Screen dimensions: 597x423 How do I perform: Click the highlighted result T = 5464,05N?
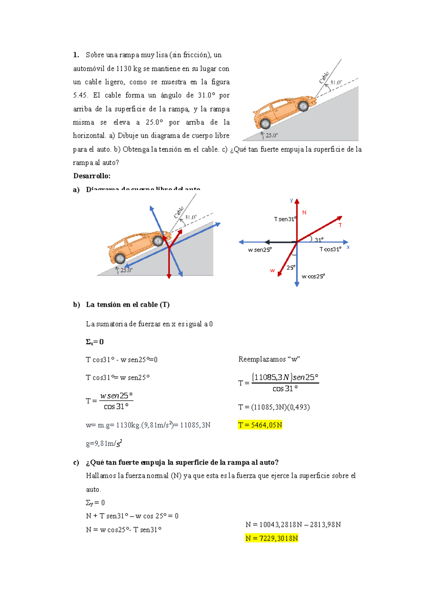pos(260,425)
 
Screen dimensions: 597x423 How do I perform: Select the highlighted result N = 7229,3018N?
pos(271,538)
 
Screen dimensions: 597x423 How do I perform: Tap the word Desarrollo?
pos(92,176)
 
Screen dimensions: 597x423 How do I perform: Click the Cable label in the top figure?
pos(324,77)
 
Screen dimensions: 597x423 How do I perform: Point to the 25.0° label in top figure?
pos(271,135)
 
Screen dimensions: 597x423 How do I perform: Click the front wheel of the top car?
pos(303,106)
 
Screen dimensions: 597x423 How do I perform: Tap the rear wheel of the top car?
pos(265,124)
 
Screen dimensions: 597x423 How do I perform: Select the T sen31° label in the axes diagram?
pos(285,219)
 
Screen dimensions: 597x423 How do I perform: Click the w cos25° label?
pos(313,276)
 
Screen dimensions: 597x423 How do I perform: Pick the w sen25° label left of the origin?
pos(259,250)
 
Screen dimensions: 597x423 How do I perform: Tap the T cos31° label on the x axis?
pos(330,249)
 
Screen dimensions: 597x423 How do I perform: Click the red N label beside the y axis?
pos(304,213)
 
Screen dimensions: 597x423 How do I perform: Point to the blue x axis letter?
pos(348,247)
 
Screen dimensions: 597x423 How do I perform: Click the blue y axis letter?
pos(292,200)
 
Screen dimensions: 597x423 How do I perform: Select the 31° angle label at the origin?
pos(319,240)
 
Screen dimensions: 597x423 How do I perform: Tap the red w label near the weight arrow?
pos(272,270)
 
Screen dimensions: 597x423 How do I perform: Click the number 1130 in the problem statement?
pos(124,69)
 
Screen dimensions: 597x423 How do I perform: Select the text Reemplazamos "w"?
pos(269,359)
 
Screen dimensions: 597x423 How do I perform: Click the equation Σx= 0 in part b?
pos(95,342)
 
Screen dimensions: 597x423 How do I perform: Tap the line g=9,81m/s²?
pos(104,444)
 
